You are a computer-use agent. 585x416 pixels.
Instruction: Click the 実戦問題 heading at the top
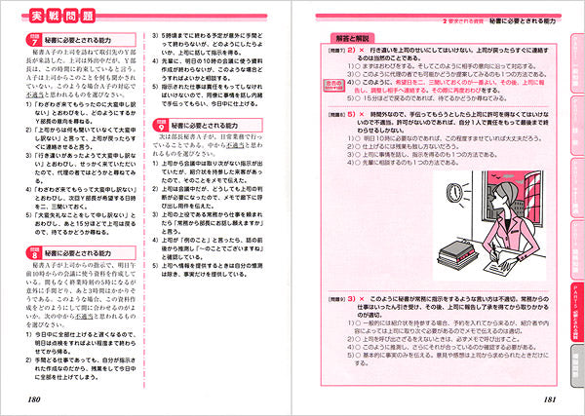[x=59, y=18]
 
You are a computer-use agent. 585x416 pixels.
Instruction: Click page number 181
[x=542, y=399]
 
